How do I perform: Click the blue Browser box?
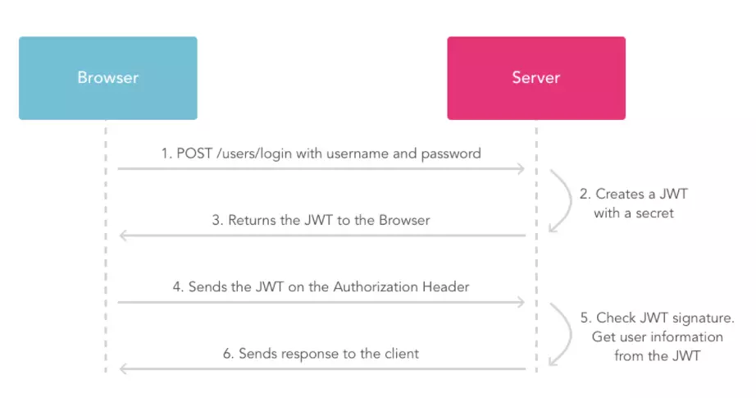(107, 78)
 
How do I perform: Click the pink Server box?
(535, 78)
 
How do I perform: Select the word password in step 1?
(452, 153)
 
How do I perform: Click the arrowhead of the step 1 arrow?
(520, 169)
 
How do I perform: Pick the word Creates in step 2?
(619, 194)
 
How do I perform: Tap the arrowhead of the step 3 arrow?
(124, 236)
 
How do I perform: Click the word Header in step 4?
(445, 287)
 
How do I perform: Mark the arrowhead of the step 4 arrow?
(520, 303)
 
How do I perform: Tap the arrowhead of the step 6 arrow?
(124, 369)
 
